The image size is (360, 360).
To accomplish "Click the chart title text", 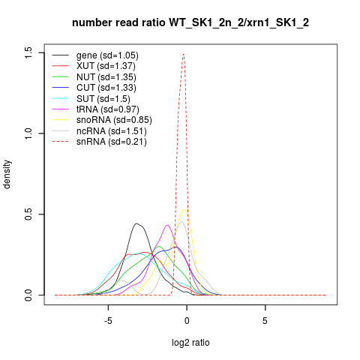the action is pos(190,23).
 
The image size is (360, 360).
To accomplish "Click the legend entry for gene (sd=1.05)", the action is pos(107,55).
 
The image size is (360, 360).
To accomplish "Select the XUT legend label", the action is pos(106,66).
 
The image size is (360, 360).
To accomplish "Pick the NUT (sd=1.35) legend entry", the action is pos(106,77).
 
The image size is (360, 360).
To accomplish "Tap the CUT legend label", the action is pos(106,88).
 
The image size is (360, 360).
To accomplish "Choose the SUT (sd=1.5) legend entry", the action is pos(103,99).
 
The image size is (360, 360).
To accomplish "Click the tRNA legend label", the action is pos(108,109).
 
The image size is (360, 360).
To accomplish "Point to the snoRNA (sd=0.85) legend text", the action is pos(114,120).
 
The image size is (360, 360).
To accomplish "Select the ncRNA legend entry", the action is pos(112,131).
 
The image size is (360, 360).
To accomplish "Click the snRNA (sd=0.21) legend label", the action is pos(112,142).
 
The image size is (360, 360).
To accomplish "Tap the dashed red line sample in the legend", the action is pos(61,142).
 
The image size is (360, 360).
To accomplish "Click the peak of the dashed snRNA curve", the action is pos(184,53).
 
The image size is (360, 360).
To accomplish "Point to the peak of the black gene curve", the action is pos(136,223).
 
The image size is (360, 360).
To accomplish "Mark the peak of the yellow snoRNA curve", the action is pos(184,209).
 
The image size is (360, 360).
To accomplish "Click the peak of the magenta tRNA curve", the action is pos(167,225).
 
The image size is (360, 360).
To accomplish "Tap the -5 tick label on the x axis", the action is pos(108,321).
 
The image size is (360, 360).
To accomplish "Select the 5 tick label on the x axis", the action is pos(265,321).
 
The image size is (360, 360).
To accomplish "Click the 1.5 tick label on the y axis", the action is pos(28,52).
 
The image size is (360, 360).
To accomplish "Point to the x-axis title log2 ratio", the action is pos(190,343).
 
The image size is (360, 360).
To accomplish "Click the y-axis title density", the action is pos(7,174).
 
